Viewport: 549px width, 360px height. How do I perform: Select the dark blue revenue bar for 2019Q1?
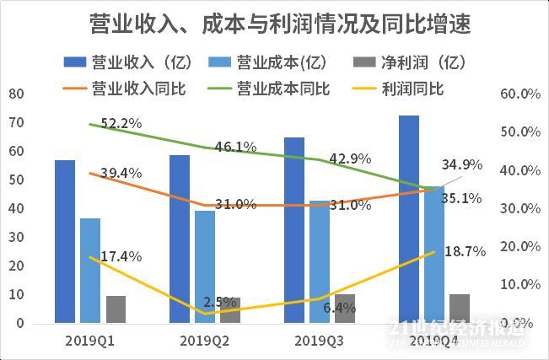pyautogui.click(x=65, y=241)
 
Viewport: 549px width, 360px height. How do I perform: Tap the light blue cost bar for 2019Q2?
pyautogui.click(x=205, y=266)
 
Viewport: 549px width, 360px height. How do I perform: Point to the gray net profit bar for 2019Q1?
pyautogui.click(x=116, y=309)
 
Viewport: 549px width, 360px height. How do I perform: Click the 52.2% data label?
pyautogui.click(x=121, y=123)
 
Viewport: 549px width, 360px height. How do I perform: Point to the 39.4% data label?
pyautogui.click(x=121, y=173)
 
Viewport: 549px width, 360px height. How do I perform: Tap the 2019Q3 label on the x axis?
pyautogui.click(x=319, y=340)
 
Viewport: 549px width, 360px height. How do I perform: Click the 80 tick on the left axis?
pyautogui.click(x=15, y=94)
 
